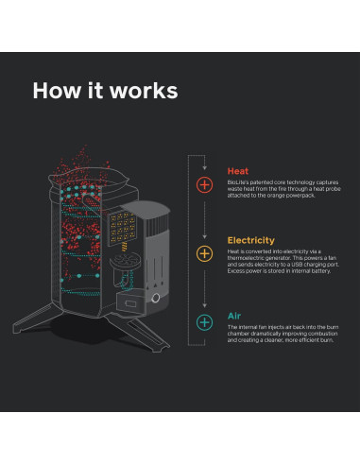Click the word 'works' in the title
click(144, 91)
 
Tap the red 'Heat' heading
click(237, 171)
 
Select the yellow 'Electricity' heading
click(250, 240)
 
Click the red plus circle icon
click(204, 184)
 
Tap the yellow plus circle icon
click(204, 253)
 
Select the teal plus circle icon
click(204, 322)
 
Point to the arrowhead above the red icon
click(204, 168)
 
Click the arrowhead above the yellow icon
click(204, 236)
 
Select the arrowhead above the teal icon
click(204, 305)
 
